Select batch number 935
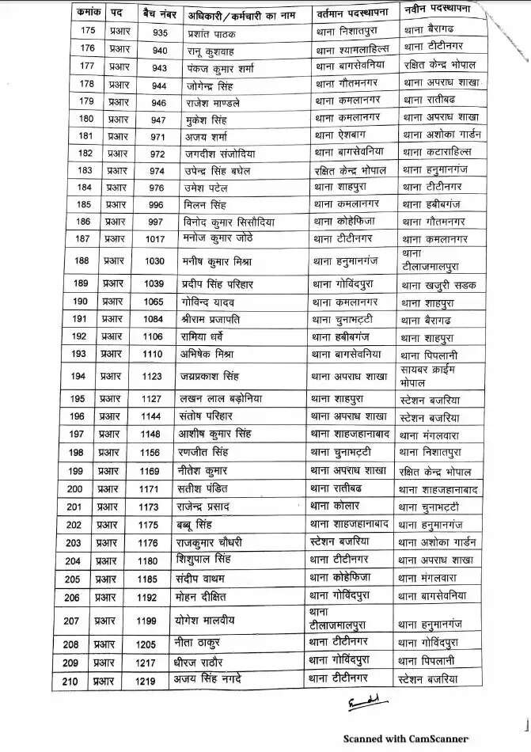[x=160, y=32]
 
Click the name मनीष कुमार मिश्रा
[x=222, y=260]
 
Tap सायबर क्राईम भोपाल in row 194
[x=429, y=375]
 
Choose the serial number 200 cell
[x=75, y=489]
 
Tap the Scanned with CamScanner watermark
[x=405, y=737]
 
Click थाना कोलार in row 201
[x=335, y=505]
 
